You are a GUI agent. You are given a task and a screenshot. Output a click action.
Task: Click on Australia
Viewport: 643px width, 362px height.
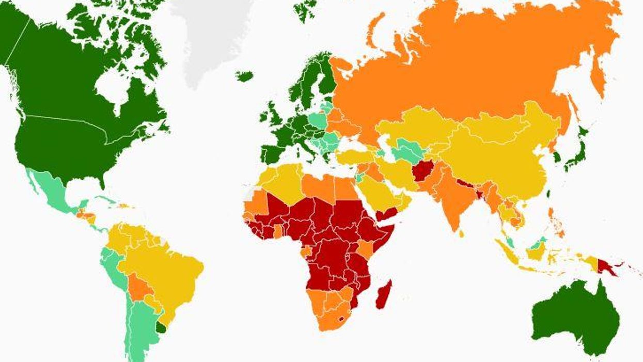573,315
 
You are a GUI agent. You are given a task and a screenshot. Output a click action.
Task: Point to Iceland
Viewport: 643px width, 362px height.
245,76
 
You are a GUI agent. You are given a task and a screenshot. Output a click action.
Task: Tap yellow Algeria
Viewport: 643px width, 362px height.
281,183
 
